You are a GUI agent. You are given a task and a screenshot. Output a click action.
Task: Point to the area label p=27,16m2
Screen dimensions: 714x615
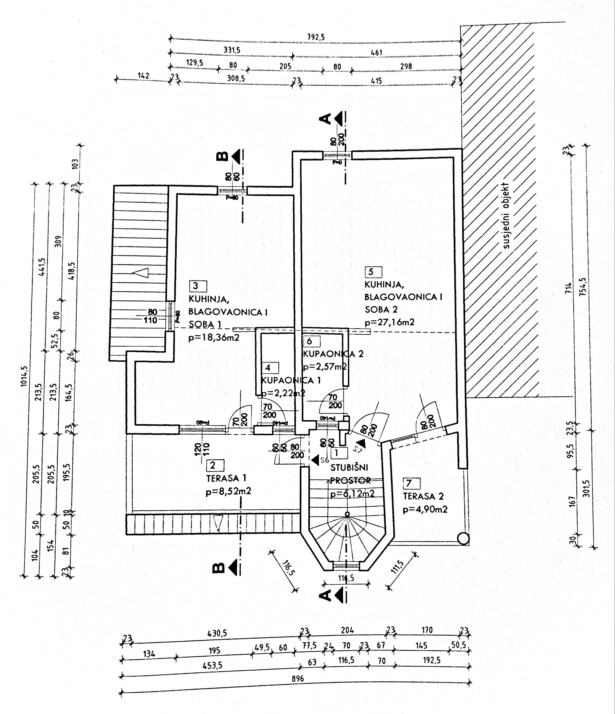tap(389, 322)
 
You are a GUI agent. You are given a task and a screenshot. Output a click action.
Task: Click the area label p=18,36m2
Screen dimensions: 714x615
tap(214, 337)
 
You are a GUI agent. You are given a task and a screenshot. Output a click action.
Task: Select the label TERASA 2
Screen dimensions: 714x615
tap(423, 496)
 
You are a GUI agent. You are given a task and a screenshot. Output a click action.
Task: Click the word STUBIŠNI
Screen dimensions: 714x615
tap(349, 468)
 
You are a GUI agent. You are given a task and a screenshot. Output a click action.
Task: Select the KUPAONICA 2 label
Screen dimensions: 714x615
tap(333, 354)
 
